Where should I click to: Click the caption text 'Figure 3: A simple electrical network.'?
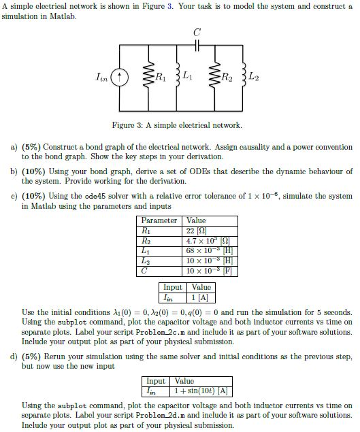click(177, 125)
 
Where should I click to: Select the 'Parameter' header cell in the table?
click(159, 221)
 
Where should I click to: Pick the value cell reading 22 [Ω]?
click(197, 231)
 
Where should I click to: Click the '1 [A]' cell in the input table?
click(201, 297)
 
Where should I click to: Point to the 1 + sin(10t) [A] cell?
click(201, 391)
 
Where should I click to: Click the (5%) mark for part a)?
click(32, 146)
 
